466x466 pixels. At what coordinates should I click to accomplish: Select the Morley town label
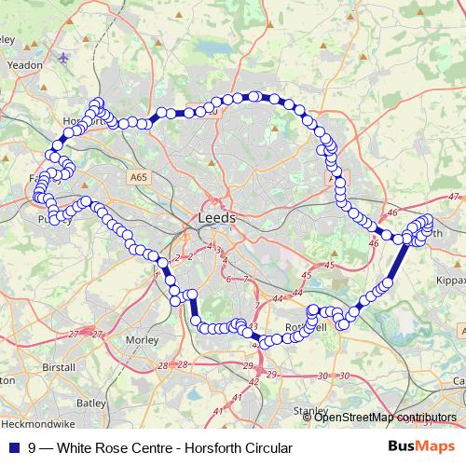tap(142, 339)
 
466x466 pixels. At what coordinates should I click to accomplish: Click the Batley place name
tap(90, 404)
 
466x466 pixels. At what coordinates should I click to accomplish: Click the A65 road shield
tap(139, 176)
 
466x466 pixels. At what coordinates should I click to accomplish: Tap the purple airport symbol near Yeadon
tap(63, 59)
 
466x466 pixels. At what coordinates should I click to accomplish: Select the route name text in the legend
tap(154, 447)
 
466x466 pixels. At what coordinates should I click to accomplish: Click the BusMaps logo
tap(421, 447)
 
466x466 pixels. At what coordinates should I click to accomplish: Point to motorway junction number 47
tap(454, 197)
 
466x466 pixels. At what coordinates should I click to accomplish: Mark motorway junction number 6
tap(227, 279)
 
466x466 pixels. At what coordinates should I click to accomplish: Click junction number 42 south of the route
tap(253, 381)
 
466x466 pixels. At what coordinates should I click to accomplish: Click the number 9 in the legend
tap(33, 447)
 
